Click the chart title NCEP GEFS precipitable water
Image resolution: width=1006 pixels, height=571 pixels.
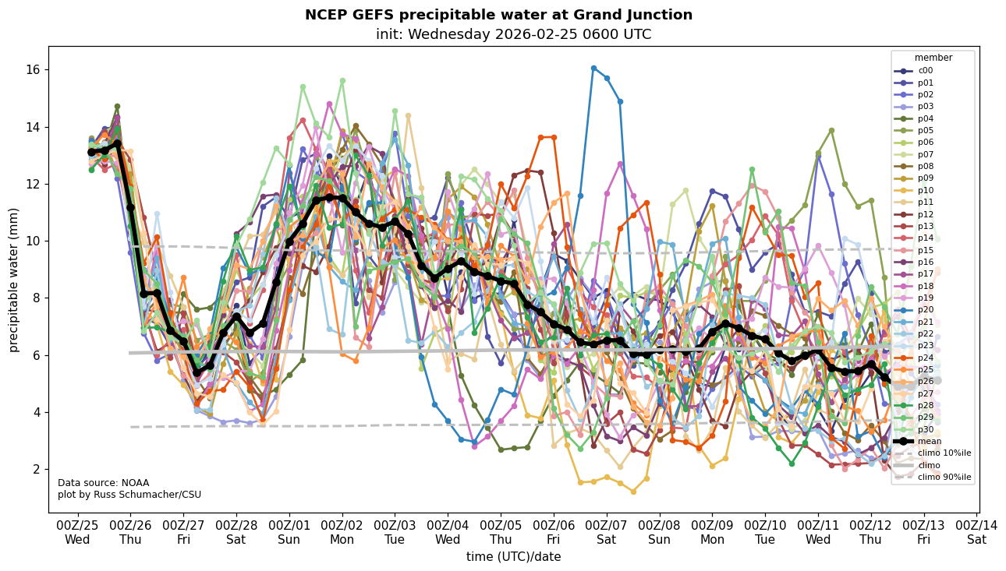498,15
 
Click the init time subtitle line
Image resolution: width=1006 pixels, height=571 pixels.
513,34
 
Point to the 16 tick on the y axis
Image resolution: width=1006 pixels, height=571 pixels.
34,70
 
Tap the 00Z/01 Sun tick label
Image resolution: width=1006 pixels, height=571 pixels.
289,531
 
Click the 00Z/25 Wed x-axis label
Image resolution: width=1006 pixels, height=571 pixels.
77,531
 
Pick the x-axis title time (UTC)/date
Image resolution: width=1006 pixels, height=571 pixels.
513,557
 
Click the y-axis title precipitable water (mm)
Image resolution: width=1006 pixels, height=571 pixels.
14,280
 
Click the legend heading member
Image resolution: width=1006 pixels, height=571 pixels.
933,58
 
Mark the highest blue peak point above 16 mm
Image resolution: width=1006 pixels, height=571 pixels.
593,69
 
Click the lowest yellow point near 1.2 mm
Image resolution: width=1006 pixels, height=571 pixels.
633,492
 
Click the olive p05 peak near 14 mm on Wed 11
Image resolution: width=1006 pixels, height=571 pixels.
831,130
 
